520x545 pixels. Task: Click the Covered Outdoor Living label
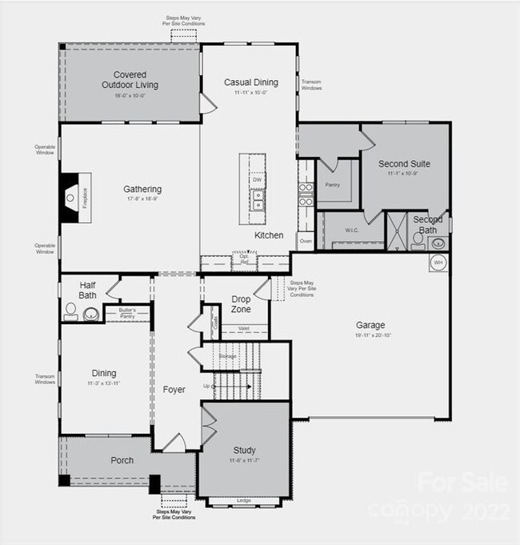(x=130, y=79)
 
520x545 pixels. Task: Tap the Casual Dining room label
(x=250, y=82)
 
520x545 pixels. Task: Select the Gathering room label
(x=142, y=190)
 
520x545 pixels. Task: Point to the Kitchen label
(x=269, y=235)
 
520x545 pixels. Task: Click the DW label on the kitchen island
(x=257, y=180)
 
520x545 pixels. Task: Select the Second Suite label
(x=404, y=164)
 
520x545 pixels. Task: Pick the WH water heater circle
(x=438, y=262)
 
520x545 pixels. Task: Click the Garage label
(x=370, y=325)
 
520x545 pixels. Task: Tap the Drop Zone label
(x=241, y=304)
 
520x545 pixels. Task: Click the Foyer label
(x=174, y=390)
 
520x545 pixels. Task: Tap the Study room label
(x=244, y=450)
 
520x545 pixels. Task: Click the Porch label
(x=122, y=460)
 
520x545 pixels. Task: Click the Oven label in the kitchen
(x=305, y=240)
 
